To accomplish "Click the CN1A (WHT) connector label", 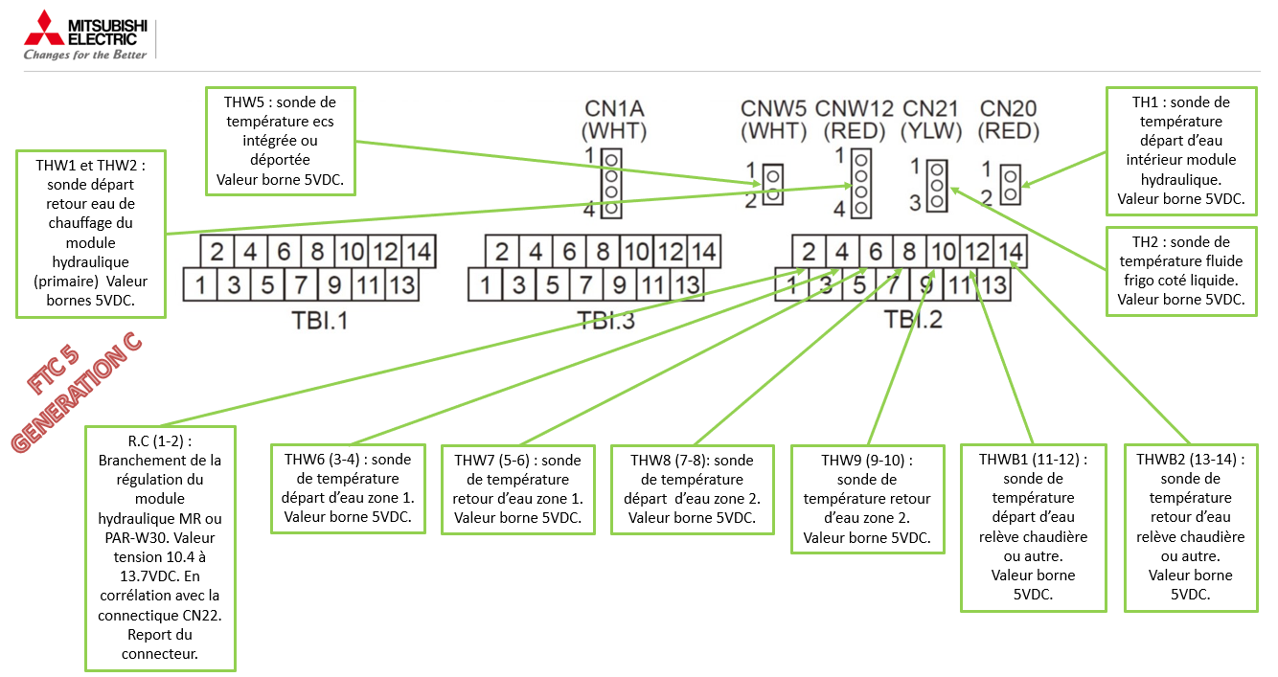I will pyautogui.click(x=614, y=120).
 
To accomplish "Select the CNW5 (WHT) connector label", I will pyautogui.click(x=774, y=120).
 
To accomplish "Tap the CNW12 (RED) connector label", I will pyautogui.click(x=854, y=120).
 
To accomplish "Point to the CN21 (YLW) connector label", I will pyautogui.click(x=931, y=120).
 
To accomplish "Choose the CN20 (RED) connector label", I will pyautogui.click(x=1009, y=120).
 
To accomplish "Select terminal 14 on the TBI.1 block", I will pyautogui.click(x=419, y=252).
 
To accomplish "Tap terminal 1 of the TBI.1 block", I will pyautogui.click(x=200, y=284).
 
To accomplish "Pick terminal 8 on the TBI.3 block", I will pyautogui.click(x=603, y=252).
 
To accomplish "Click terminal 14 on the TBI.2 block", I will pyautogui.click(x=1011, y=252).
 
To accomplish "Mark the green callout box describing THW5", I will pyautogui.click(x=281, y=140).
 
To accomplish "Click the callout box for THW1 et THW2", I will pyautogui.click(x=91, y=233).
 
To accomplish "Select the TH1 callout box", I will pyautogui.click(x=1180, y=150).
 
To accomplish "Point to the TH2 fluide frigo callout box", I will pyautogui.click(x=1180, y=271).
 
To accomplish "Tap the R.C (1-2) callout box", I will pyautogui.click(x=159, y=548).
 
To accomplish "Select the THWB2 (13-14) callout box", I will pyautogui.click(x=1191, y=527).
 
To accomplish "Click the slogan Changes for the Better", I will pyautogui.click(x=85, y=55).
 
